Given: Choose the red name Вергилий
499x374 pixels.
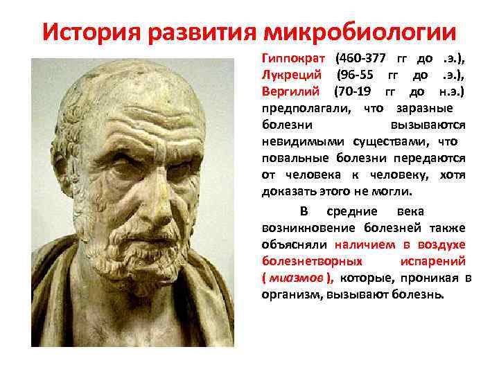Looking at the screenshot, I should coord(290,91).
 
